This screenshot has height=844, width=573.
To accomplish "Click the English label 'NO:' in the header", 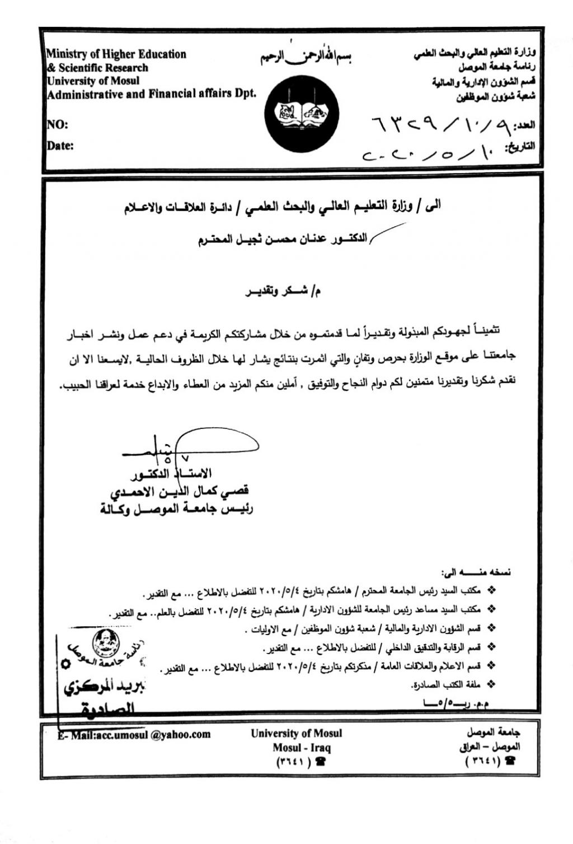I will click(x=57, y=124).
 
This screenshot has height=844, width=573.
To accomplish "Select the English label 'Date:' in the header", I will click(x=60, y=146).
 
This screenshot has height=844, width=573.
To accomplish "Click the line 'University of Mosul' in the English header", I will click(x=92, y=81).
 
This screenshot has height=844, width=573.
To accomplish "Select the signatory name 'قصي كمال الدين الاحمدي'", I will click(x=179, y=492).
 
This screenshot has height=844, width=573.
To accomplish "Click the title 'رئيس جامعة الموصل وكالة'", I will click(x=176, y=509).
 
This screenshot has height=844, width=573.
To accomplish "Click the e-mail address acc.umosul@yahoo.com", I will click(x=134, y=734).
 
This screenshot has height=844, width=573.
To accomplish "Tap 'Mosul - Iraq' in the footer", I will click(x=302, y=748).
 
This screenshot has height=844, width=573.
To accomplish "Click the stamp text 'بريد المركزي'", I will click(x=104, y=688).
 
